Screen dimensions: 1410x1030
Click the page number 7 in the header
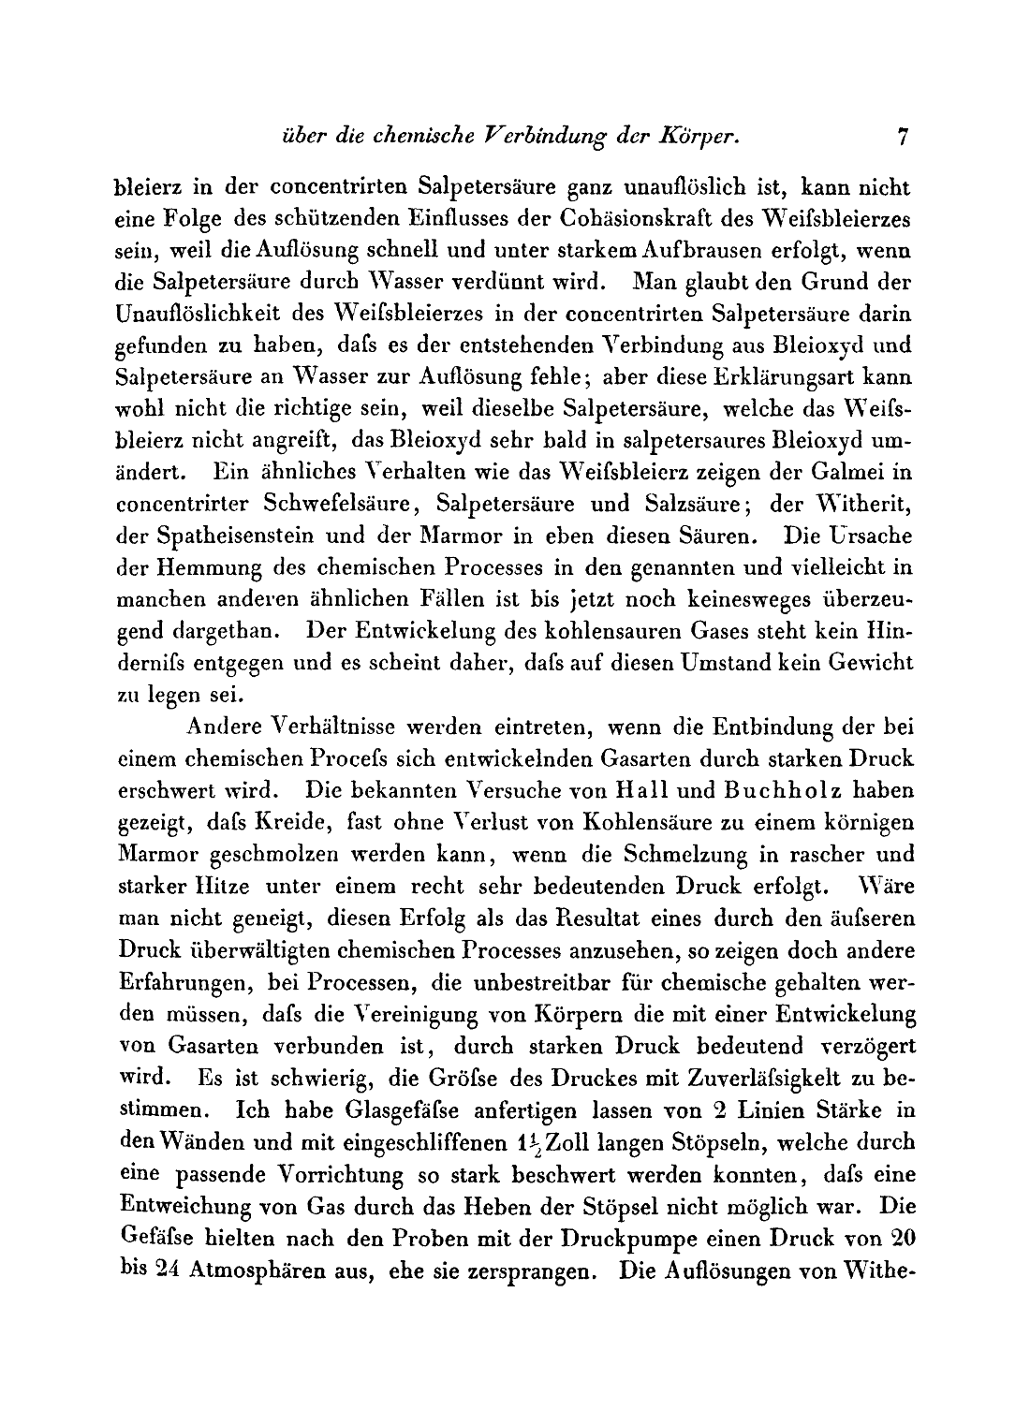click(902, 137)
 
